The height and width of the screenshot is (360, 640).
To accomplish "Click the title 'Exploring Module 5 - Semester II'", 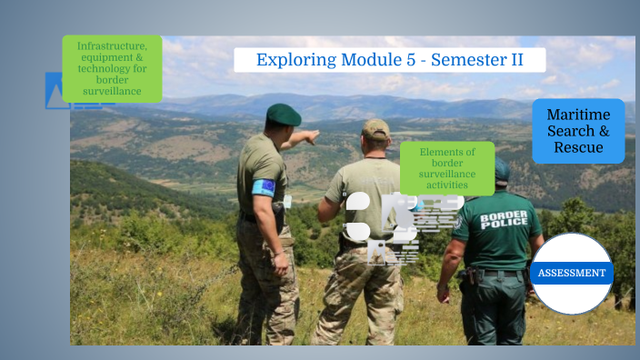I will [389, 60].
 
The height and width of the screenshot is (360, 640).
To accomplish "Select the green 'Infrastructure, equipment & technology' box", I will [112, 68].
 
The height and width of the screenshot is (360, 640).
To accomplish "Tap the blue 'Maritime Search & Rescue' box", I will [578, 131].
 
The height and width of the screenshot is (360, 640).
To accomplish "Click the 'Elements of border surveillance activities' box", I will [447, 168].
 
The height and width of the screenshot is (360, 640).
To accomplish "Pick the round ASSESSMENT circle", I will [572, 273].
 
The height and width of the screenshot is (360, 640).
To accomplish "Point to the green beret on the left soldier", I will [283, 114].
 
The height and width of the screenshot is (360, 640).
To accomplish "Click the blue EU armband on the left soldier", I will [264, 187].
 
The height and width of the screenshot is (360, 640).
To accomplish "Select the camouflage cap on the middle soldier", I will [375, 127].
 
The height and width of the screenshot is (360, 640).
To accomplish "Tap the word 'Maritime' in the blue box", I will [578, 115].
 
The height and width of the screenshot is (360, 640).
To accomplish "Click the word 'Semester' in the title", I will [474, 60].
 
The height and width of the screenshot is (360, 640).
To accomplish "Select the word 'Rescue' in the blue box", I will [578, 147].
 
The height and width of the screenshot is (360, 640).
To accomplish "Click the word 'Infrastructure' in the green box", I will [112, 45].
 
